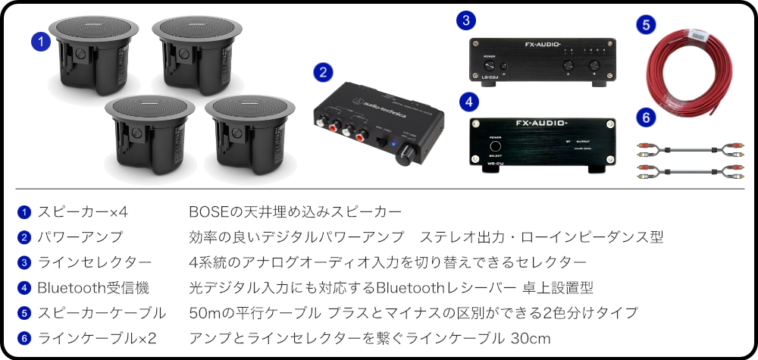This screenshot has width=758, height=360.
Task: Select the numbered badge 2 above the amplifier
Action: (x=323, y=73)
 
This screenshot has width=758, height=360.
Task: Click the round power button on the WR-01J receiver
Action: (x=496, y=146)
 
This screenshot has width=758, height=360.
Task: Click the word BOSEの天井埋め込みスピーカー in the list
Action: (x=295, y=211)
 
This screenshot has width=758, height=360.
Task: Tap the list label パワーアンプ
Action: (x=80, y=237)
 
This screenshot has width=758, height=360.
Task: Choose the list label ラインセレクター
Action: (x=95, y=262)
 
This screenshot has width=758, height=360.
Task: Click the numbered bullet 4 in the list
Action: (x=24, y=287)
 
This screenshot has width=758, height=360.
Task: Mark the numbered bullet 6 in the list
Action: (x=24, y=337)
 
